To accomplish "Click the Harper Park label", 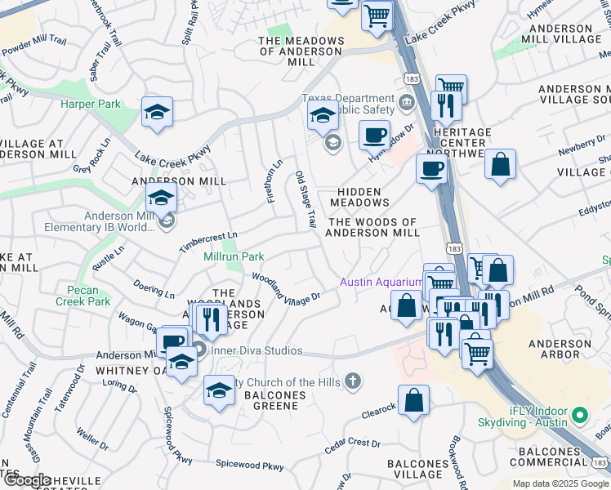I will click(x=90, y=105).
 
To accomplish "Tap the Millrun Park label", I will click(x=234, y=257).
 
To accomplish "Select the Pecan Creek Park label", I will click(x=83, y=296).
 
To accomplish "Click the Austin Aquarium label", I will click(x=381, y=283).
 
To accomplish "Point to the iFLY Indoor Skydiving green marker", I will click(x=580, y=415).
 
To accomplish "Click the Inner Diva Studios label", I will click(x=256, y=351).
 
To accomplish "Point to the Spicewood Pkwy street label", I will click(x=250, y=465).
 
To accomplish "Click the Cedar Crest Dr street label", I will click(x=353, y=445).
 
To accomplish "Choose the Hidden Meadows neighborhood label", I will click(x=359, y=196).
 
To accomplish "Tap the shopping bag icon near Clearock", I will click(x=414, y=401).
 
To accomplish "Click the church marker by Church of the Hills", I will click(x=353, y=381).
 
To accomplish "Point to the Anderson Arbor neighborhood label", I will click(x=560, y=350).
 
